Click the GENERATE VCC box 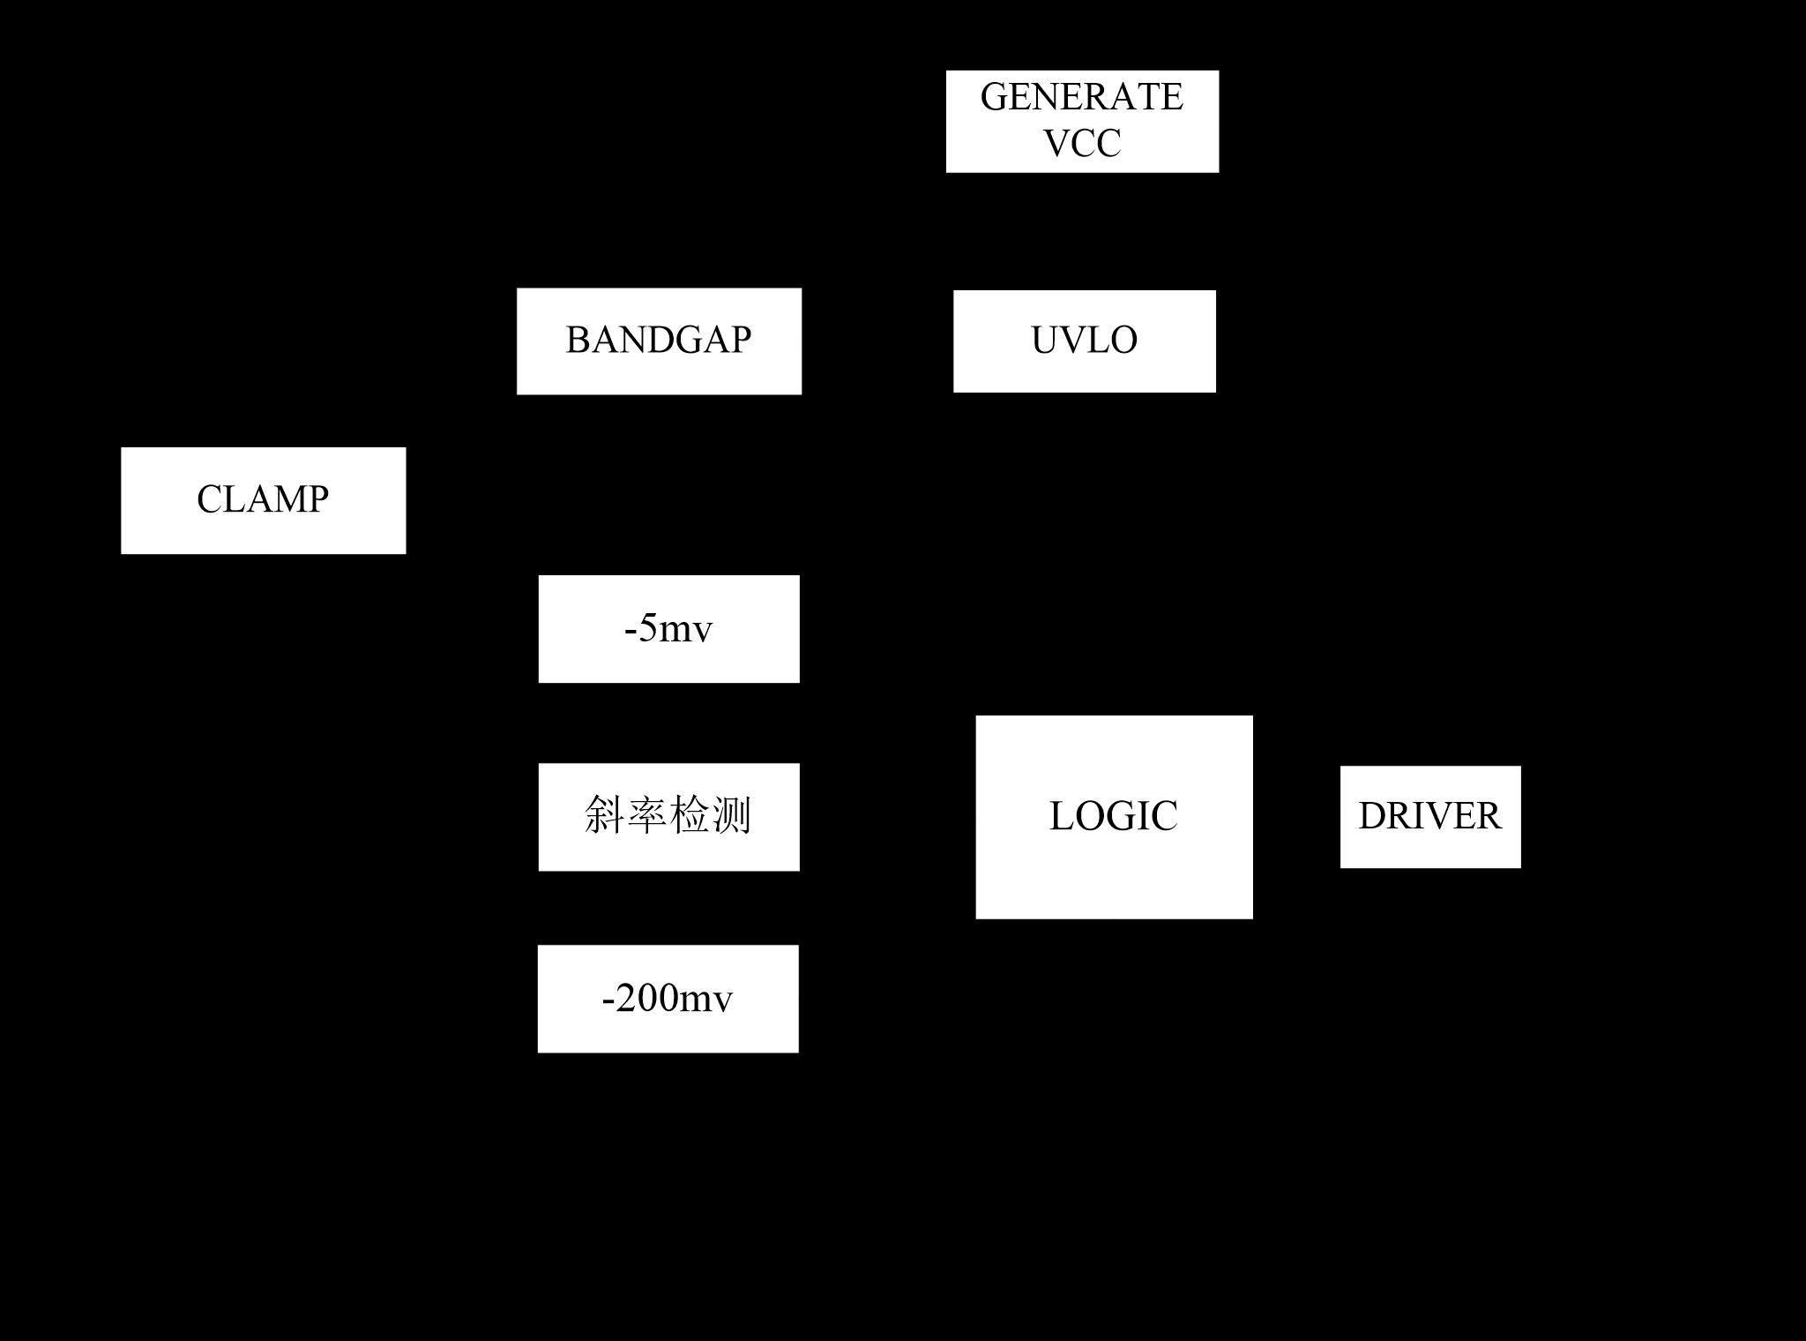click(1082, 121)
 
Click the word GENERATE click(1081, 97)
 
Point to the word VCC click(1082, 144)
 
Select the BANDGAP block click(659, 341)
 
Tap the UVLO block click(1084, 341)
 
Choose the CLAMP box click(263, 500)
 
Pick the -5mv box click(668, 628)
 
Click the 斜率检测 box click(668, 816)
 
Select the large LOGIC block click(1114, 816)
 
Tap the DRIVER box click(1430, 816)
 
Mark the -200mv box click(668, 998)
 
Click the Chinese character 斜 click(605, 815)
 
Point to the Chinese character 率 click(647, 815)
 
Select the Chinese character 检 click(690, 815)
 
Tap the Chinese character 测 click(731, 815)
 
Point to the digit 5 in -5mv click(648, 628)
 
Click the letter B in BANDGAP click(577, 341)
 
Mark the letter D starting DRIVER click(1372, 816)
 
